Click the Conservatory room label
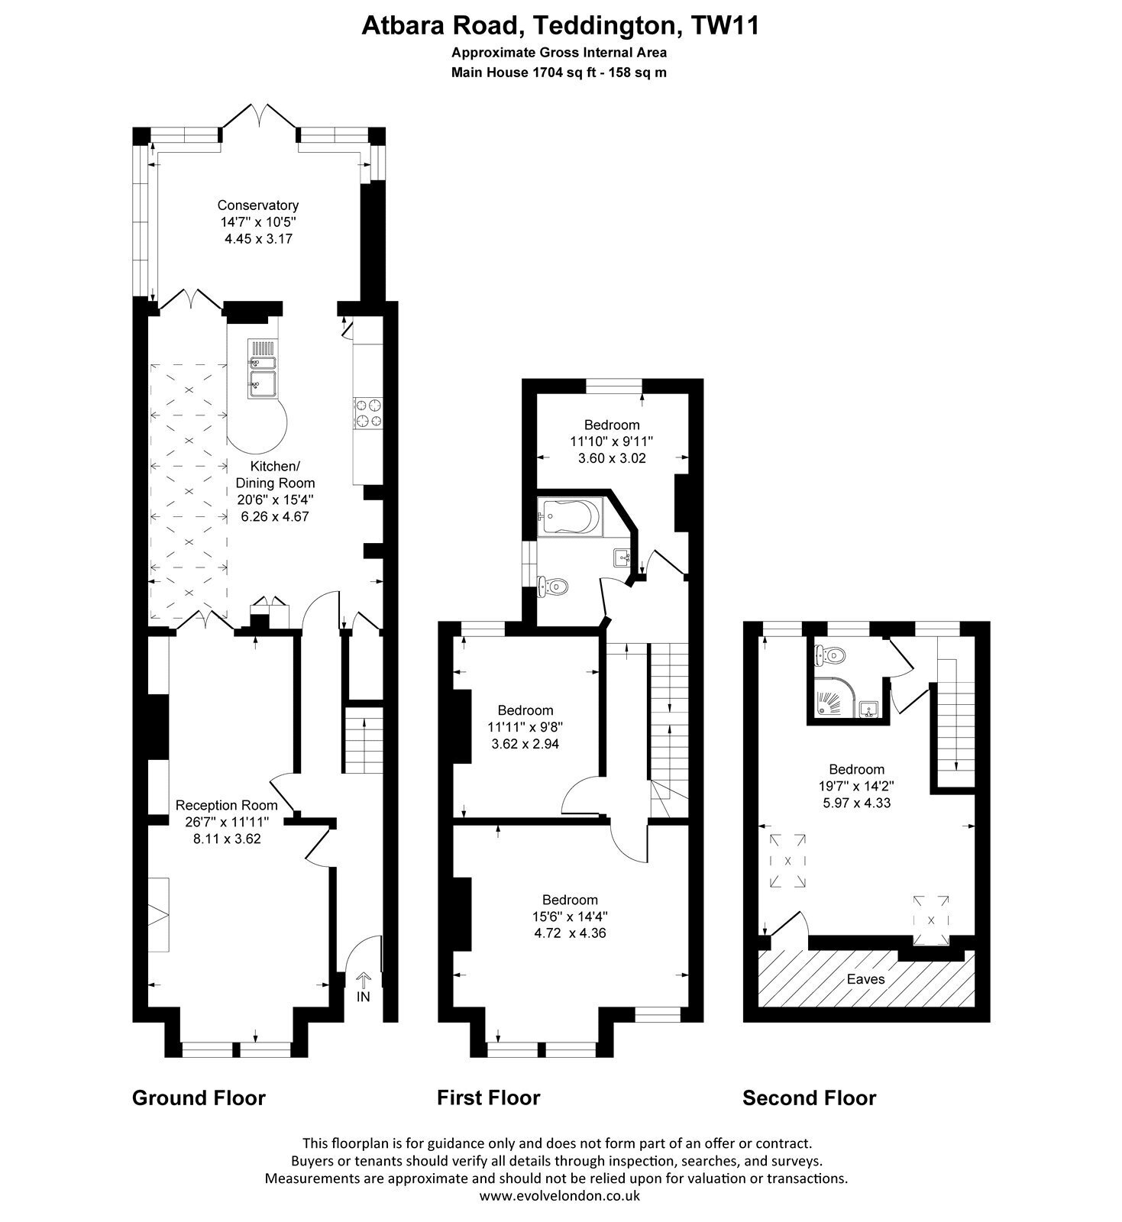pyautogui.click(x=257, y=205)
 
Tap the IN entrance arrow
pyautogui.click(x=363, y=980)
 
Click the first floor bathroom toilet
pyautogui.click(x=554, y=587)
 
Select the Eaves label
pyautogui.click(x=865, y=978)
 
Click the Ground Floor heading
pyautogui.click(x=199, y=1098)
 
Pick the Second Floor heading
pyautogui.click(x=810, y=1098)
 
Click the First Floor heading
pyautogui.click(x=488, y=1098)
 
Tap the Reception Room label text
pyautogui.click(x=227, y=805)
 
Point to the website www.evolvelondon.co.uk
pyautogui.click(x=560, y=1196)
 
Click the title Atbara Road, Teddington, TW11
pyautogui.click(x=560, y=26)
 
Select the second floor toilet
pyautogui.click(x=829, y=654)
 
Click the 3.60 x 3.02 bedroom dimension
pyautogui.click(x=611, y=458)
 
